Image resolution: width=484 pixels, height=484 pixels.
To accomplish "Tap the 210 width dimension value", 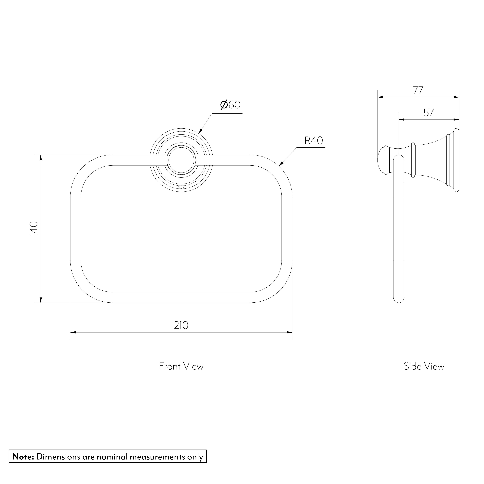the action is [x=181, y=325].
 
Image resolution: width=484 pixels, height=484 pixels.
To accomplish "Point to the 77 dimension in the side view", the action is [x=418, y=90].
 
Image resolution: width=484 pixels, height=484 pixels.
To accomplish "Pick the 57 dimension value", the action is [x=429, y=113].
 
